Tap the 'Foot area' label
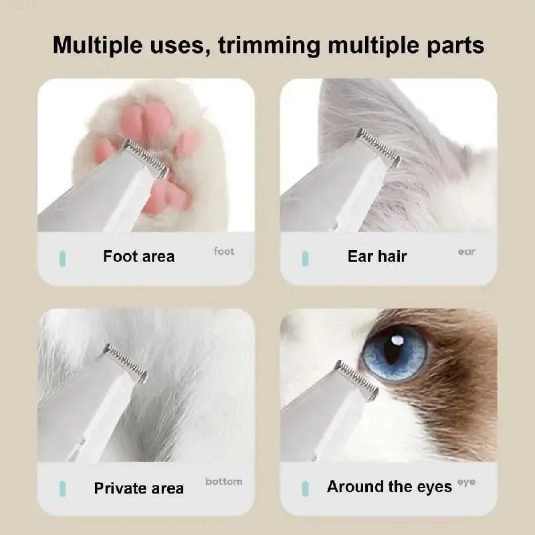click(x=138, y=256)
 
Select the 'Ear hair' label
click(x=377, y=256)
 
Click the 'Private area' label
click(x=138, y=488)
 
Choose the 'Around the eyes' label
click(x=389, y=487)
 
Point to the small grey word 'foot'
click(x=224, y=251)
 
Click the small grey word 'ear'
click(x=466, y=251)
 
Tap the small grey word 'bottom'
click(x=224, y=481)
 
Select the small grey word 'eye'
click(x=466, y=481)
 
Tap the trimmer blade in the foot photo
click(x=145, y=158)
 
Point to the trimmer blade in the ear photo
click(x=379, y=146)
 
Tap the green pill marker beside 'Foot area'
click(x=62, y=257)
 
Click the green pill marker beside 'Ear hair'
click(x=305, y=257)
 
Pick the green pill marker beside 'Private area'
click(x=62, y=488)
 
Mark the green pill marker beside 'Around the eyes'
click(x=305, y=488)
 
